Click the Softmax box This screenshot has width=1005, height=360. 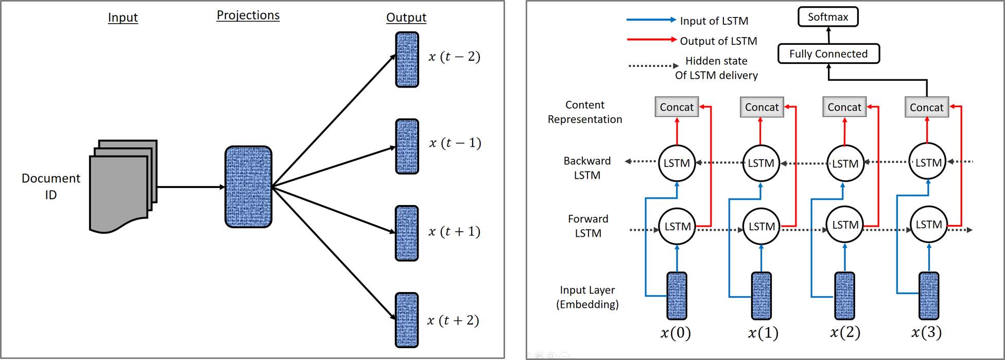coord(828,17)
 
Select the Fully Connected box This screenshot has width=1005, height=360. coord(828,54)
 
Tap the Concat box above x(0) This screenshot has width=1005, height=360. coord(677,107)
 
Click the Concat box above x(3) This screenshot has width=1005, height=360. coord(926,107)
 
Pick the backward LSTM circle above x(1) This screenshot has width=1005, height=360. coord(761,163)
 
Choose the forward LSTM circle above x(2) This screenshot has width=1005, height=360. coord(845,225)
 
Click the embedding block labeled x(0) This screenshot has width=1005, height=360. coord(677,296)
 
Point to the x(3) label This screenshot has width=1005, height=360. coord(926,332)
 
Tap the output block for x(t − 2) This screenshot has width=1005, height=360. coord(407,59)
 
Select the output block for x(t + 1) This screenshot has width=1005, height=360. coord(407,233)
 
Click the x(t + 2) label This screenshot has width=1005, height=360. coord(453,320)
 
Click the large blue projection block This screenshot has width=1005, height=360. coord(248,186)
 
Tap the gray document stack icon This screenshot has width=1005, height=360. coord(124,186)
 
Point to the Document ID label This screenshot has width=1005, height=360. coord(51,186)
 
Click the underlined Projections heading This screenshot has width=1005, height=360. coord(248,15)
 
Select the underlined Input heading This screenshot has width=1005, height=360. coord(123,18)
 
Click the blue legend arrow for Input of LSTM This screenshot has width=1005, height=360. coord(651,20)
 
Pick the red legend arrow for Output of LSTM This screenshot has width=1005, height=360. coord(651,40)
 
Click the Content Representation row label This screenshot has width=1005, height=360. coord(585,112)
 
